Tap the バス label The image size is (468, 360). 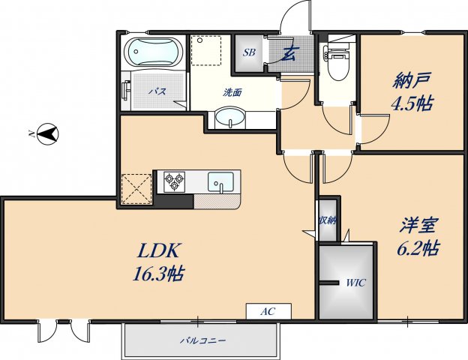156,91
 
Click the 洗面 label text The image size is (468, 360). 232,93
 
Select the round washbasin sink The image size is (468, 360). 229,118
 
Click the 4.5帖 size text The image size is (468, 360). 412,103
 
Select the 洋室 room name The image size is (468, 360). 418,224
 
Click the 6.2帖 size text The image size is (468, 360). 418,248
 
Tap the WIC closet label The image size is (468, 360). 355,283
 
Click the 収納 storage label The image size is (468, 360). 327,220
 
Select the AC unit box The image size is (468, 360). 267,310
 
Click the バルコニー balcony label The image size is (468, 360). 202,340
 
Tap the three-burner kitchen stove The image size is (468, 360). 175,181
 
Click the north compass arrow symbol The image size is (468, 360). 47,135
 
